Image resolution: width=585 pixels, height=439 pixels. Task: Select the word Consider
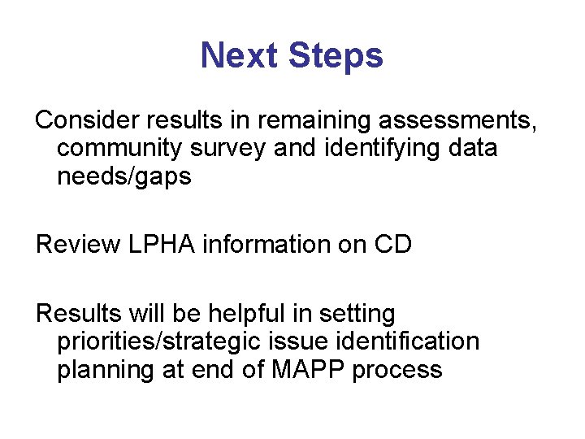pyautogui.click(x=88, y=120)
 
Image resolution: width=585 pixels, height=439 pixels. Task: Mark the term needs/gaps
pyautogui.click(x=124, y=177)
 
